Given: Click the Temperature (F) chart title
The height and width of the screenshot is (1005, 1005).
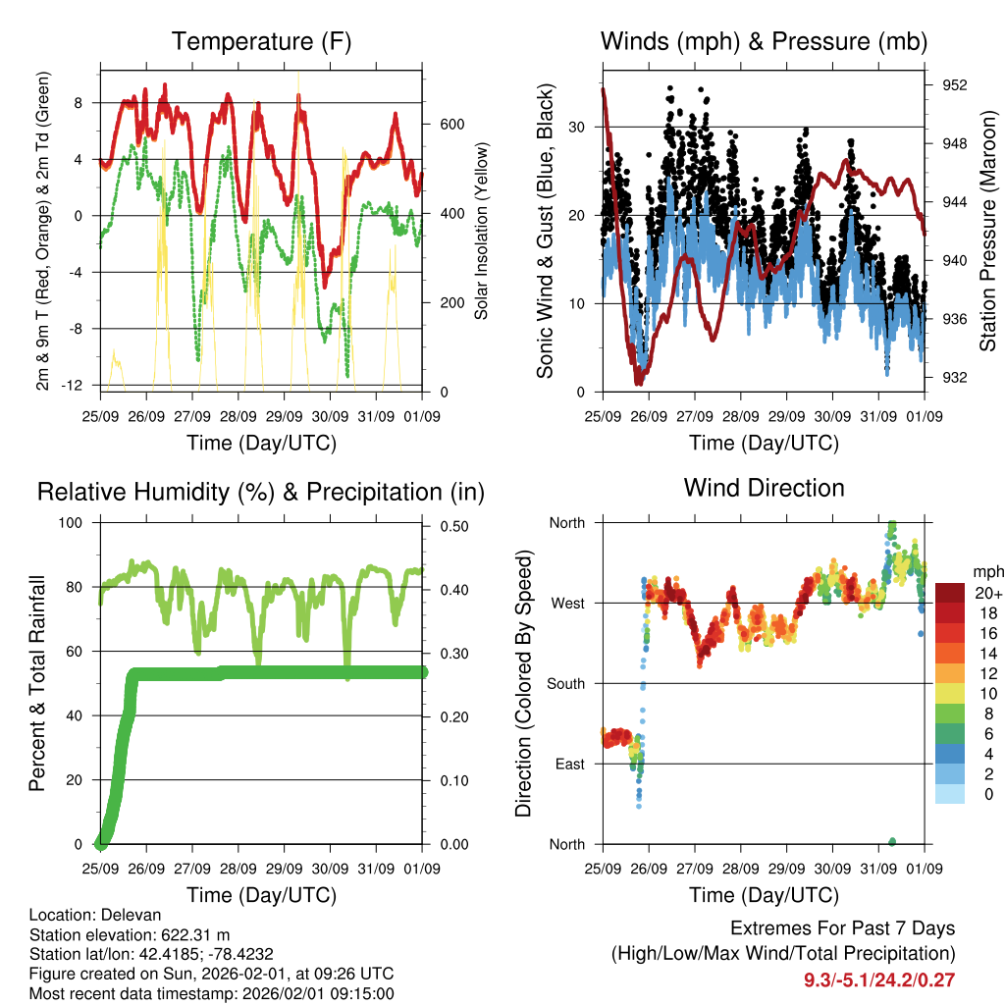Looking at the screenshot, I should pos(261,41).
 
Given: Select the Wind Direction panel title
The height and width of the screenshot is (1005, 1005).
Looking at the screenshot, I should pos(764,487).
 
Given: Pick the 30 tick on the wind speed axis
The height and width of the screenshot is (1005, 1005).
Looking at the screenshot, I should pos(578,128).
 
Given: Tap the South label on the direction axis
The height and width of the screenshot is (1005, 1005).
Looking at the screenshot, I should pos(566,683).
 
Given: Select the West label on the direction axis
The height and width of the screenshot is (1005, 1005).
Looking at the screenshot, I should pos(567,603).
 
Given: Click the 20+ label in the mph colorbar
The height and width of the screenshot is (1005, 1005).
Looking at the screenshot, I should pos(986,594).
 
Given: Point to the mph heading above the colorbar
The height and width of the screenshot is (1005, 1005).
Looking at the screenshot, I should pos(986,571).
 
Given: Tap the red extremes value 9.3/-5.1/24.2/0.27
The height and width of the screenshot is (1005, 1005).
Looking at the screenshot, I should pos(879,979).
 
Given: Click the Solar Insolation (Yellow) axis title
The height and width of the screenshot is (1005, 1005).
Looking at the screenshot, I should pos(482,231).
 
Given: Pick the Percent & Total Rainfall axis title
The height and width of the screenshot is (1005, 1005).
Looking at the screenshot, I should pos(36,683).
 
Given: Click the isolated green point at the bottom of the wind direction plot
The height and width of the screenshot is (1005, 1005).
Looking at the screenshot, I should pos(892,841).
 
